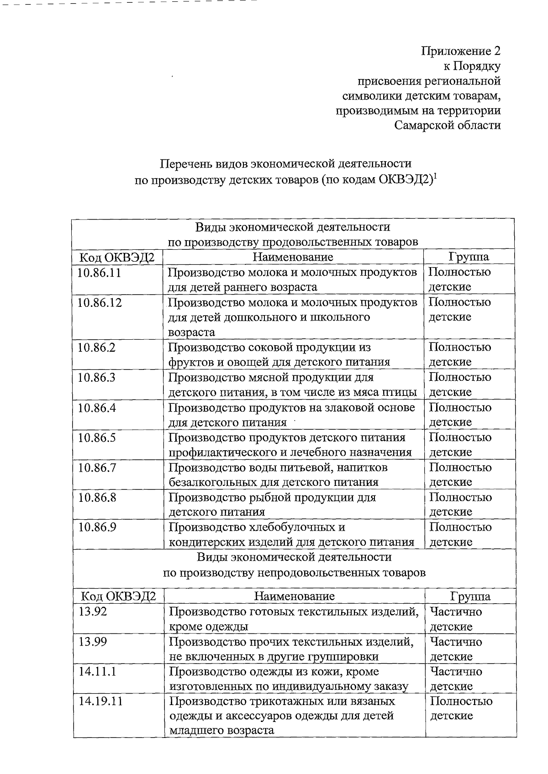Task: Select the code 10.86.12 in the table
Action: (x=100, y=303)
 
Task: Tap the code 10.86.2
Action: (x=96, y=348)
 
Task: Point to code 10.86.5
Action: (x=97, y=438)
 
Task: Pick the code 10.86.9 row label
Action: (x=97, y=528)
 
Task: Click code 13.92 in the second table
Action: (x=93, y=612)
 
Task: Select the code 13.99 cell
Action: (x=93, y=642)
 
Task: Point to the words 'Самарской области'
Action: (x=448, y=125)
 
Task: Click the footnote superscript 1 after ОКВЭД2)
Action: (x=435, y=176)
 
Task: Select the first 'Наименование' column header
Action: (x=293, y=257)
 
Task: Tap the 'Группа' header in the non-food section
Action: (x=470, y=596)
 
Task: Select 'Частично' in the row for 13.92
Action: (x=456, y=612)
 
